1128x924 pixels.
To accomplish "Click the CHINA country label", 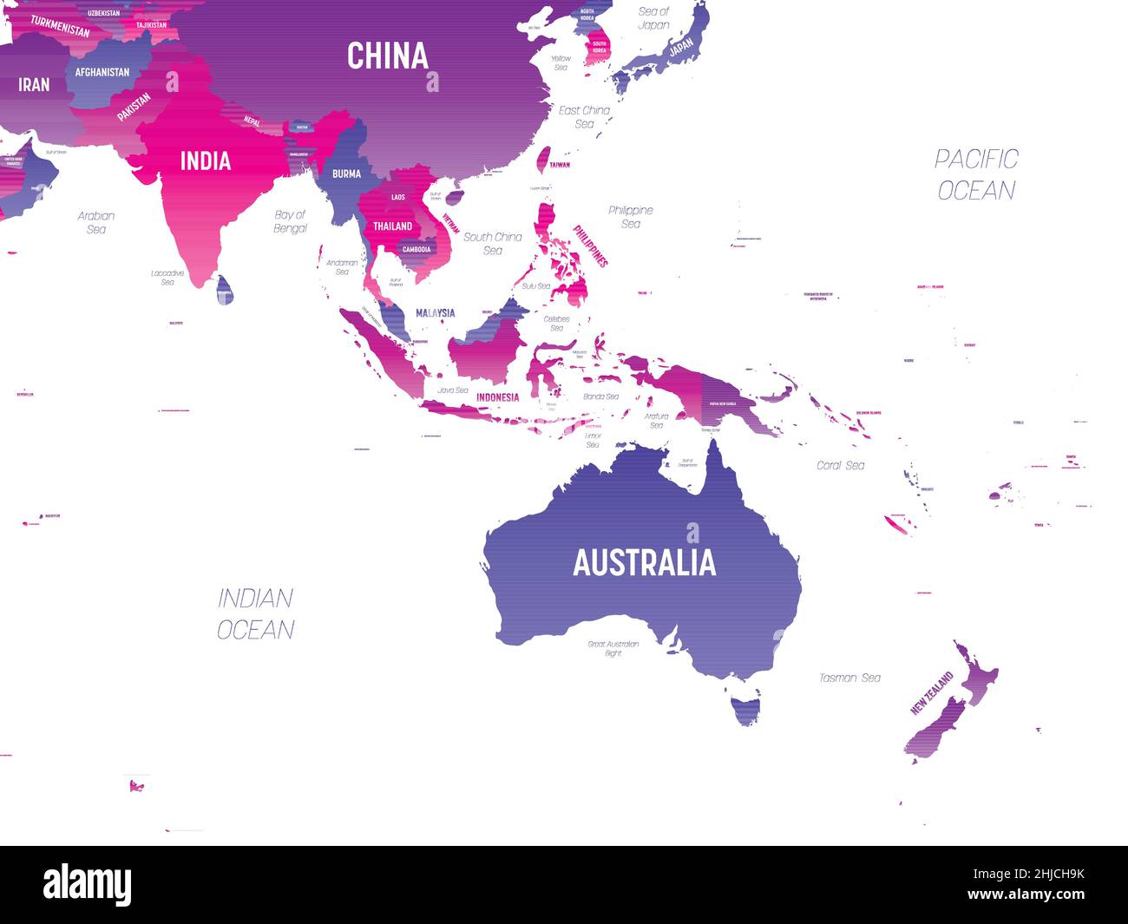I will [x=388, y=56].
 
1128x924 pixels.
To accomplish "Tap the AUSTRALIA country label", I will [x=644, y=563].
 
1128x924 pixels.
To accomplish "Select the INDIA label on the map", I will [x=205, y=161].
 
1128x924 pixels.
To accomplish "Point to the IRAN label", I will [x=34, y=84].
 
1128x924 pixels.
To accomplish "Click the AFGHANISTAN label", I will [x=102, y=72].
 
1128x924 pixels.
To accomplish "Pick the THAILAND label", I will [x=392, y=226].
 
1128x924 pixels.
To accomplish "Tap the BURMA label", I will [x=346, y=174].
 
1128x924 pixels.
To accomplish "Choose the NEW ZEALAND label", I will [x=931, y=693].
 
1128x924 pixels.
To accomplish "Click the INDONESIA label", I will [x=497, y=397].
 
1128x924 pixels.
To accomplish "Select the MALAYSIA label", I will [x=435, y=313].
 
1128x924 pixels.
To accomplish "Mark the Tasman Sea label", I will [x=849, y=678].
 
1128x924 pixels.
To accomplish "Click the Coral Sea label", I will [x=840, y=466].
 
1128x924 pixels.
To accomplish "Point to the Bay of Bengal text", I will [x=291, y=221].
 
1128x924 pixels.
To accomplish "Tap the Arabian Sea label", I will [x=96, y=222].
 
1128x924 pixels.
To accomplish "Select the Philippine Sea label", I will [x=631, y=217].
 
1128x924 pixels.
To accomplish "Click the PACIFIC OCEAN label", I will [x=976, y=174].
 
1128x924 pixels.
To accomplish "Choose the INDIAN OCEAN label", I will [x=255, y=613].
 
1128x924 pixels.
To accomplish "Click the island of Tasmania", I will [x=745, y=709].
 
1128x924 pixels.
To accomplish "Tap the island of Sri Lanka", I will [x=225, y=290].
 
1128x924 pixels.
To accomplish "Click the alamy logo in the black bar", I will [x=88, y=884].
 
